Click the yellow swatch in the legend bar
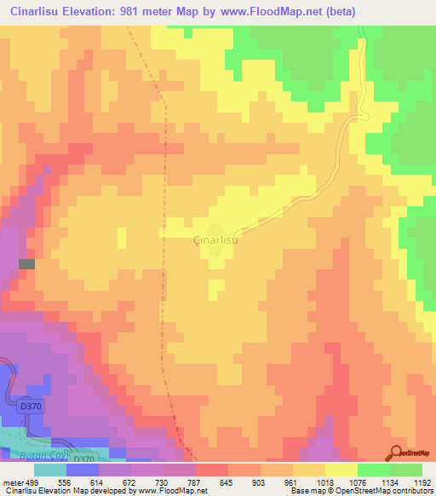point(341,470)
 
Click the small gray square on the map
point(27,264)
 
